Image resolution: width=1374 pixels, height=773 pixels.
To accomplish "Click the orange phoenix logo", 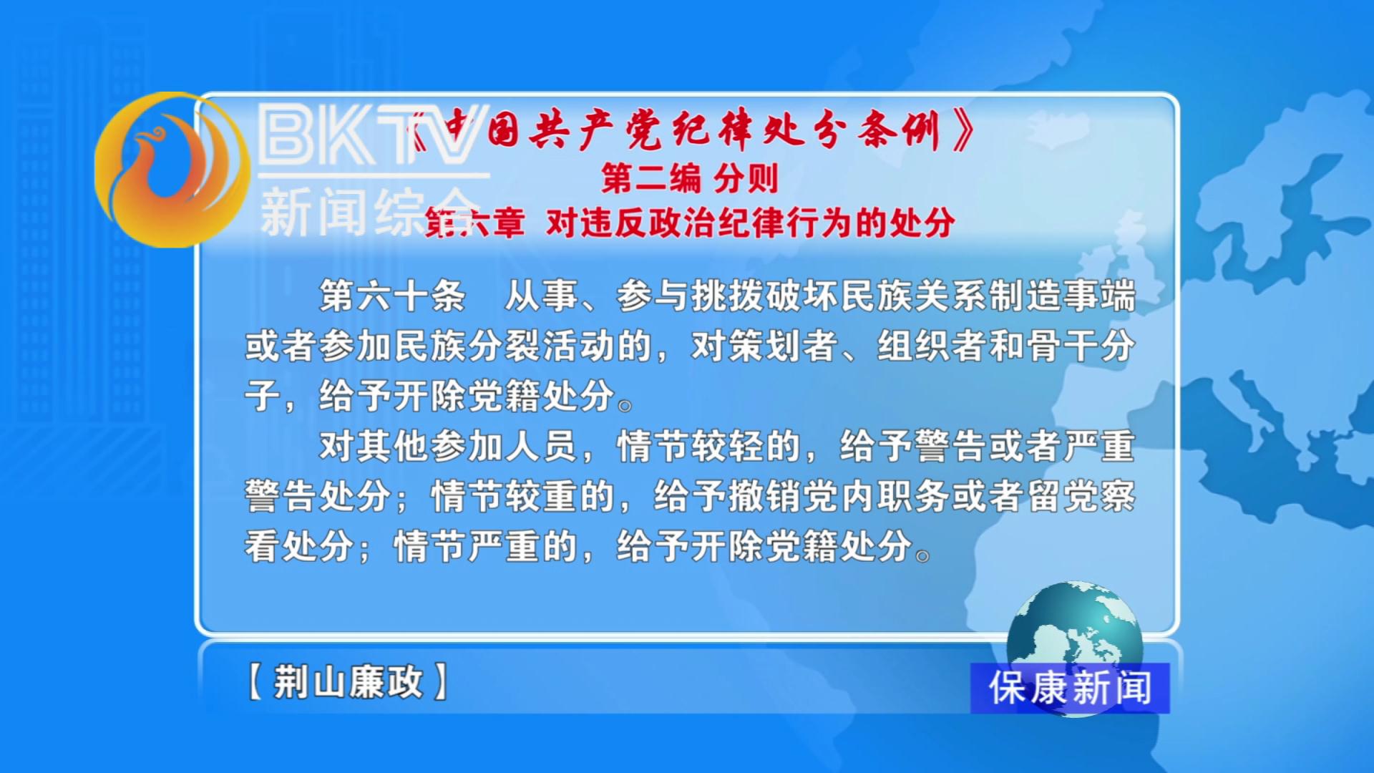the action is (172, 170).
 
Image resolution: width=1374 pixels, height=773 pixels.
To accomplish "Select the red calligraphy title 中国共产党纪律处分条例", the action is (691, 130).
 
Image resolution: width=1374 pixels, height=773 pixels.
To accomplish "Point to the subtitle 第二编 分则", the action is (690, 178).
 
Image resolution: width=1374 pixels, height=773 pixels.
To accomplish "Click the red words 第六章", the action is (474, 223).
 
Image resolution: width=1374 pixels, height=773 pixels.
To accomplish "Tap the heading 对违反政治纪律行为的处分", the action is (751, 223).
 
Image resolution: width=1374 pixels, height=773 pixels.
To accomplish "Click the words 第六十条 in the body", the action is (393, 296).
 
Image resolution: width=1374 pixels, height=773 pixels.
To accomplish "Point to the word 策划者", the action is (765, 346).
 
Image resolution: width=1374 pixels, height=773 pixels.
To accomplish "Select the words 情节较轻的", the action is (709, 446).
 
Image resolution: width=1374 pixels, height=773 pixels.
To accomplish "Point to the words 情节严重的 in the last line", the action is (486, 546).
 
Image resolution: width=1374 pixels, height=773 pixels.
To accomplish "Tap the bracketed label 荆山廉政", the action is (348, 681).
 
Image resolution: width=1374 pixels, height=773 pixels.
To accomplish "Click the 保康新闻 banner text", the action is (1071, 689).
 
